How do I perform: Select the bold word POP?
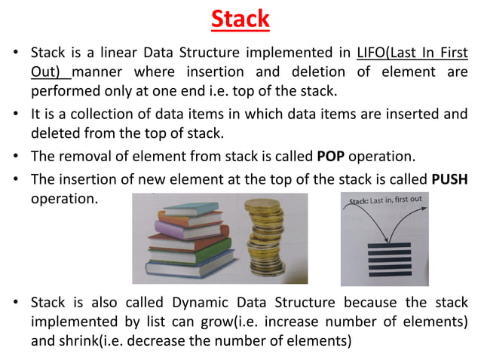click(329, 156)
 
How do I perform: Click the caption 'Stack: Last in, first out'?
click(384, 200)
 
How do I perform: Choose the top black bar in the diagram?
click(384, 236)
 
